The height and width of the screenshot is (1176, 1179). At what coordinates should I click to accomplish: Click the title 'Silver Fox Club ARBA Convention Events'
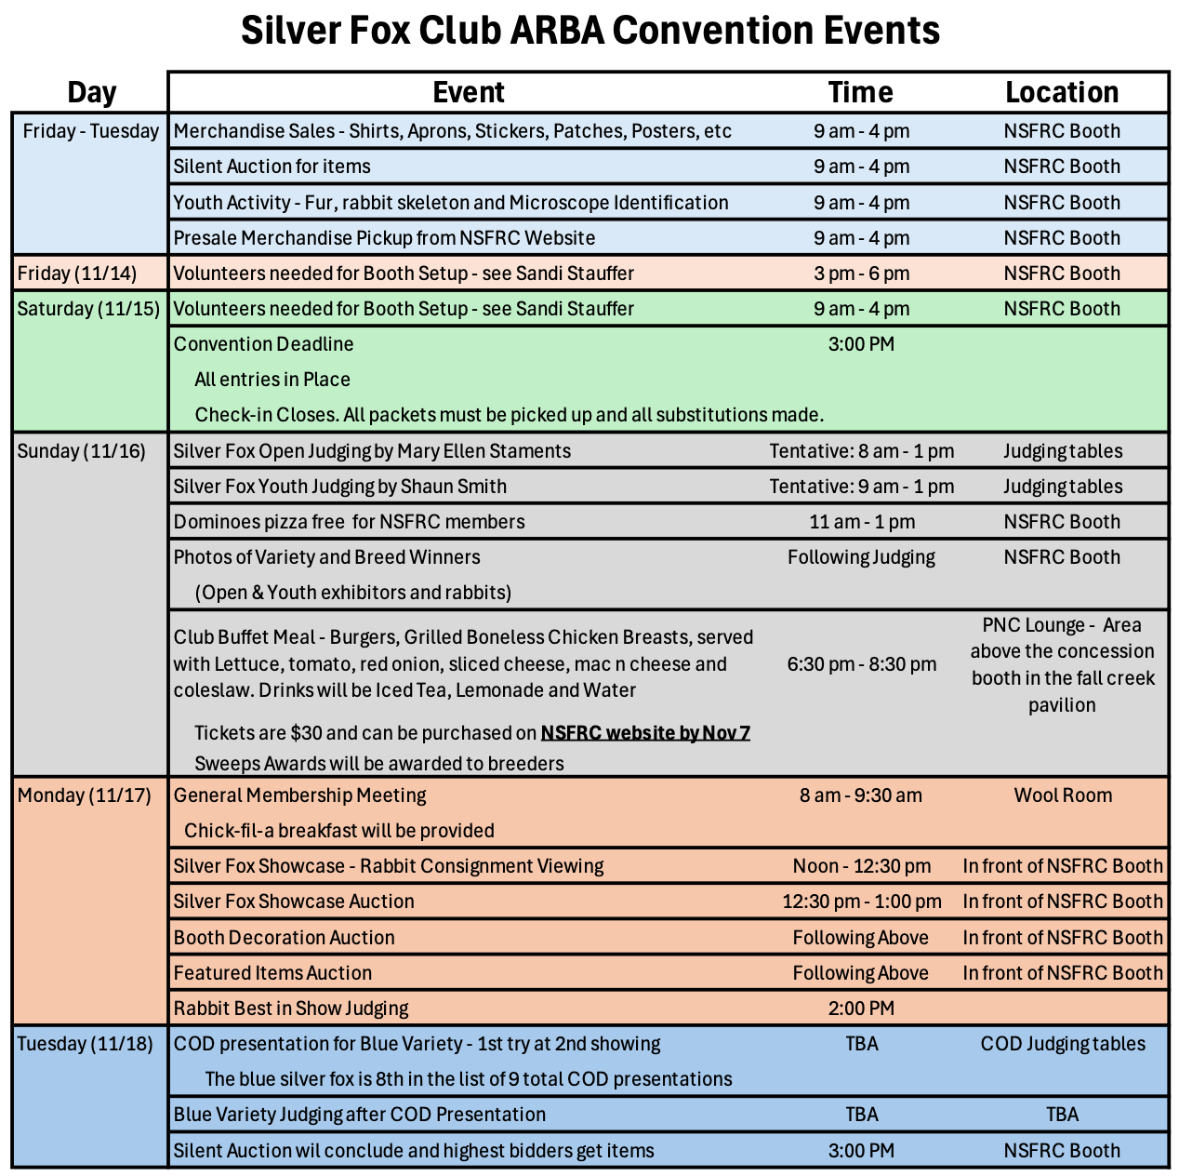[x=589, y=31]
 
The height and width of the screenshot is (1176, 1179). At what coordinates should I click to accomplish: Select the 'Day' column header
[x=91, y=92]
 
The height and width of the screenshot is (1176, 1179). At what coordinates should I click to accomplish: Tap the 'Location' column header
[x=1062, y=92]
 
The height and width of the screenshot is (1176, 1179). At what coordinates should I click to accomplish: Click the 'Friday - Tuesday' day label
[x=90, y=131]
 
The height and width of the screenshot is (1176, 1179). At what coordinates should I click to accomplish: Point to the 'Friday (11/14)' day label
[x=77, y=274]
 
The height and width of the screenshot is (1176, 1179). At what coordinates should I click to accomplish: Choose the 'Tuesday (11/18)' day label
[x=85, y=1044]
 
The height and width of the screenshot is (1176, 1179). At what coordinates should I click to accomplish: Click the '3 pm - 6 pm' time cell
[x=861, y=274]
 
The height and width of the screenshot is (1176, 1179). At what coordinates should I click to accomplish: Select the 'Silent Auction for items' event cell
[x=272, y=167]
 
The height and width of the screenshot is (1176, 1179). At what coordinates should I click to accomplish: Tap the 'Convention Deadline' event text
[x=263, y=344]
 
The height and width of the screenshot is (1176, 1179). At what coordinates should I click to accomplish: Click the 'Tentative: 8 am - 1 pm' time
[x=861, y=451]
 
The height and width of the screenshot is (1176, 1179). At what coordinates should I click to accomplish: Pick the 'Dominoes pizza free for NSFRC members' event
[x=349, y=522]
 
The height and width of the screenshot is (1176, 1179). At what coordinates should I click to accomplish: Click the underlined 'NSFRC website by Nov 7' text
[x=645, y=733]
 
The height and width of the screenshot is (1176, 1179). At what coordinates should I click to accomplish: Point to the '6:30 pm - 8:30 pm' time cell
[x=861, y=664]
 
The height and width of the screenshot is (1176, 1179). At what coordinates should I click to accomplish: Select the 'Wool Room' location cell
[x=1063, y=795]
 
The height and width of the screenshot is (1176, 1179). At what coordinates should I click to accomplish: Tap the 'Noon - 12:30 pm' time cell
[x=861, y=866]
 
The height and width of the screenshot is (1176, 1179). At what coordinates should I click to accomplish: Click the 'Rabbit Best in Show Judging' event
[x=291, y=1009]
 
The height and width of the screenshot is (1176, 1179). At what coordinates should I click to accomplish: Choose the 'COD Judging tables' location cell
[x=1063, y=1044]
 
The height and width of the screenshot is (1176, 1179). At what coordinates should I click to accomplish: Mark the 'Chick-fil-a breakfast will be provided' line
[x=339, y=831]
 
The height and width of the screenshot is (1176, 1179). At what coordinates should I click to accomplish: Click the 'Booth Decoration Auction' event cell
[x=284, y=938]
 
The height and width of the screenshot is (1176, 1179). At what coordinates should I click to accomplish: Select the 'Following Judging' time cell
[x=861, y=557]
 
